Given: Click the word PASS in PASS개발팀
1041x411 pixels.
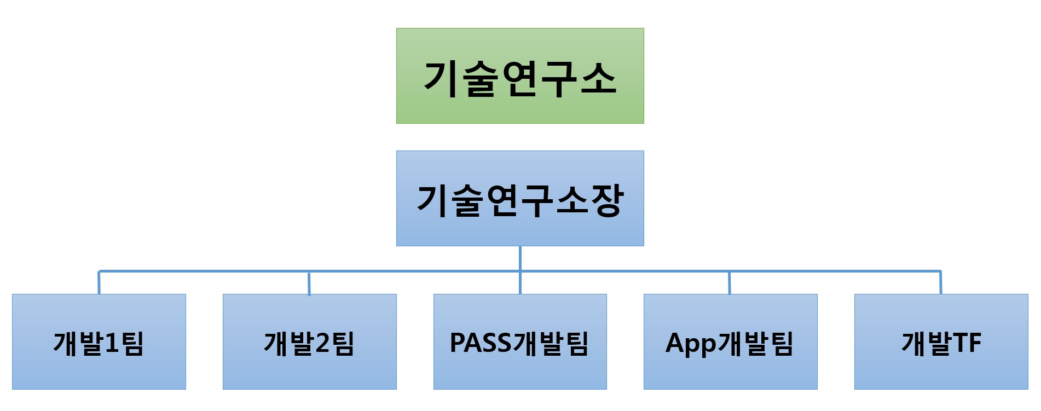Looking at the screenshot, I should click(x=480, y=343).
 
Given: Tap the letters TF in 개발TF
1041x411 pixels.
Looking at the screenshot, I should click(x=967, y=343).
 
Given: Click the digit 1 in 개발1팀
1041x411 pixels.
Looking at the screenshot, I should click(x=111, y=343).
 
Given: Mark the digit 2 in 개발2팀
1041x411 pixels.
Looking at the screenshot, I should click(x=322, y=343).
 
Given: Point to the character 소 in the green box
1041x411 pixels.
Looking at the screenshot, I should click(x=598, y=78).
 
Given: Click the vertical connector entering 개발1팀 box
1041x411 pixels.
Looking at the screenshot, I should click(x=99, y=283).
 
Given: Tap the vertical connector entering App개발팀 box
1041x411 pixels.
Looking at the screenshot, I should click(x=730, y=283).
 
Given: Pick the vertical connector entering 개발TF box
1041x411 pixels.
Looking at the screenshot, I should click(x=941, y=283).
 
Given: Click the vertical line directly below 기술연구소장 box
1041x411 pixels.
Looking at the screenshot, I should click(x=520, y=258).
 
